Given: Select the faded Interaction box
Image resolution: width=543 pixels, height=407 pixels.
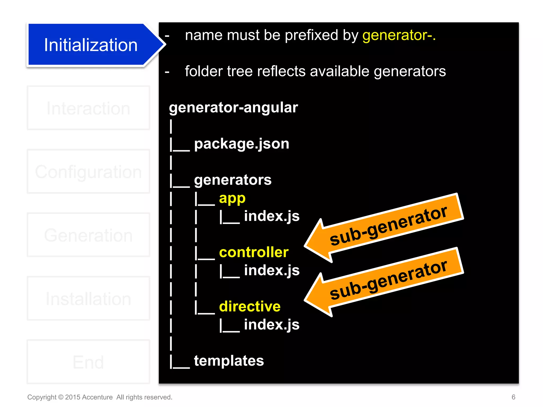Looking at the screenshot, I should coord(88,108).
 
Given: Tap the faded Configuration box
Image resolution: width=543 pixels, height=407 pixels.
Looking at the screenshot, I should coord(88,172).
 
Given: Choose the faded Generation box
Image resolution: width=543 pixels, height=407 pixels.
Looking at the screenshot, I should coord(88,235).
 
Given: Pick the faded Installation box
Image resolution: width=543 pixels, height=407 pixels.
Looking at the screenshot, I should coord(88,299).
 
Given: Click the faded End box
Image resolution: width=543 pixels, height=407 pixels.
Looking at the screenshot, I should coord(88,362).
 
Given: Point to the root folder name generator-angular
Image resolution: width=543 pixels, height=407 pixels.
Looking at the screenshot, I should coord(233,108).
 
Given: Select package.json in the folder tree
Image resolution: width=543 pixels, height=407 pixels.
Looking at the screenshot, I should coord(242,144).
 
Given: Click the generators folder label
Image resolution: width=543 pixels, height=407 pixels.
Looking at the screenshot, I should coord(233,180).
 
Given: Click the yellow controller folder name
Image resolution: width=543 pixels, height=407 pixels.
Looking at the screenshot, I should coord(254,252).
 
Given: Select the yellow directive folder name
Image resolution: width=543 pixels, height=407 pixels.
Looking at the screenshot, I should coord(250,307).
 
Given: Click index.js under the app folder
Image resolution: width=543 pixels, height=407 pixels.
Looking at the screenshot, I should coord(272,216).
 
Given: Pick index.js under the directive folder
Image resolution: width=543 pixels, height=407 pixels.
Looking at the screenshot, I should coord(272,325).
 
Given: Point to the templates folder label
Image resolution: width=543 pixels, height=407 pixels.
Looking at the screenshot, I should coord(229,361).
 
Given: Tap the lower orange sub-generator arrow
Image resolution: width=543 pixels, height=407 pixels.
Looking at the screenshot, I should coord(384,282).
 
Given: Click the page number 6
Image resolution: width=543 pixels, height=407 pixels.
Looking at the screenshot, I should coord(513,397).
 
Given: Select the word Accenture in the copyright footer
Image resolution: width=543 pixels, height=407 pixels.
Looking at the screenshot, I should coord(97,397).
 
